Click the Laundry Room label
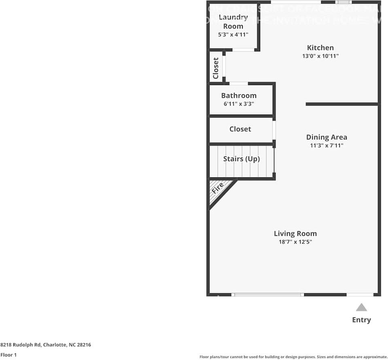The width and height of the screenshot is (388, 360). tap(233, 21)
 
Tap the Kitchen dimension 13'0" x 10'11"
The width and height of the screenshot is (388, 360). tap(320, 56)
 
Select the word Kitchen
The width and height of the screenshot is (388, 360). tap(320, 48)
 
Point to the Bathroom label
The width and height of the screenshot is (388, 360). tap(239, 96)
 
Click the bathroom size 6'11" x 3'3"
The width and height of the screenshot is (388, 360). tap(239, 104)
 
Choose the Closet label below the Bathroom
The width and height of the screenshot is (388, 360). tap(240, 129)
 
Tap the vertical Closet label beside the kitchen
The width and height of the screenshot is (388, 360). tap(216, 68)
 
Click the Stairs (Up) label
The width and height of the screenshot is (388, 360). tap(241, 159)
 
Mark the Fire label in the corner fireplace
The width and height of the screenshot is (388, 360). tap(218, 189)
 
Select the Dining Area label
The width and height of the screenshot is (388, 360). tap(327, 137)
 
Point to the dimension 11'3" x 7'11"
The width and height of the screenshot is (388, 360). tap(327, 145)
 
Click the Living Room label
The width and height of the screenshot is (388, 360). tap(295, 233)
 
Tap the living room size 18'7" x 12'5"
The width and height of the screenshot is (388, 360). tap(295, 242)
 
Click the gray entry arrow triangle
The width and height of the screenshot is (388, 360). tap(361, 307)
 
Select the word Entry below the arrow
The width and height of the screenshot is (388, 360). tap(361, 320)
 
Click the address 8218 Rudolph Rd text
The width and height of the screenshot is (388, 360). tap(45, 345)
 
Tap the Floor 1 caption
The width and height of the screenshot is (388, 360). tap(8, 355)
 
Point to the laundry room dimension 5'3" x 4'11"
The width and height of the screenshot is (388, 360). tap(233, 34)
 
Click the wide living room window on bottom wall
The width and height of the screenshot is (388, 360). tap(267, 295)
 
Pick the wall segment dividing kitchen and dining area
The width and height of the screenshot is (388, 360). tap(342, 104)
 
